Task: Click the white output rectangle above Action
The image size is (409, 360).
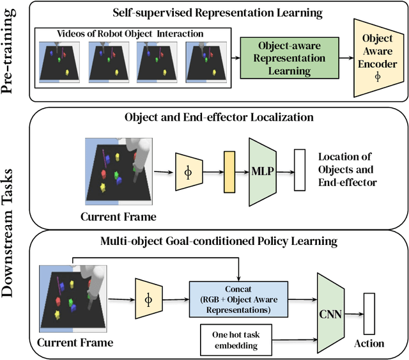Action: [369, 313]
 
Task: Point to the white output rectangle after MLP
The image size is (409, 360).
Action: [299, 170]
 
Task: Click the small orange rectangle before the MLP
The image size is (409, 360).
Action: [229, 171]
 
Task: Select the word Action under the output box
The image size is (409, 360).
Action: [369, 343]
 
